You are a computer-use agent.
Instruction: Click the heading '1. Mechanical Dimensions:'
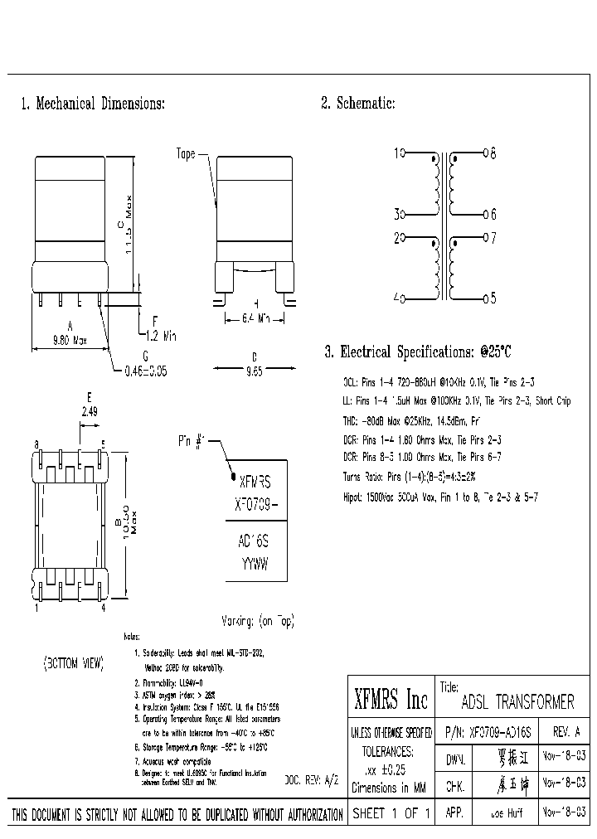(x=93, y=104)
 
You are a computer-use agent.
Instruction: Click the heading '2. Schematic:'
(x=357, y=104)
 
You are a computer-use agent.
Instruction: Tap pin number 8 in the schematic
(x=493, y=153)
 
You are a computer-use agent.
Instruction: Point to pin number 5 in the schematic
(x=493, y=298)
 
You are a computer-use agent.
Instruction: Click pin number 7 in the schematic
(x=493, y=239)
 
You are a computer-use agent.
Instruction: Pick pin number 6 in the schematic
(x=493, y=214)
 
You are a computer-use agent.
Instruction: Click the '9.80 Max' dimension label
(x=70, y=340)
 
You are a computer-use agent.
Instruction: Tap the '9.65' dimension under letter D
(x=255, y=372)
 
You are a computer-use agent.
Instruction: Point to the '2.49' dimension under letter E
(x=90, y=410)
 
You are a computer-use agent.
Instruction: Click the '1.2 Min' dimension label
(x=161, y=336)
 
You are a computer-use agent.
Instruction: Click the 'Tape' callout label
(x=186, y=154)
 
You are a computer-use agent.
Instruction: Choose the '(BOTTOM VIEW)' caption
(x=73, y=664)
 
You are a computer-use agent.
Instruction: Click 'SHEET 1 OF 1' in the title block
(x=391, y=814)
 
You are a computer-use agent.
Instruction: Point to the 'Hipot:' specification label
(x=356, y=497)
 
